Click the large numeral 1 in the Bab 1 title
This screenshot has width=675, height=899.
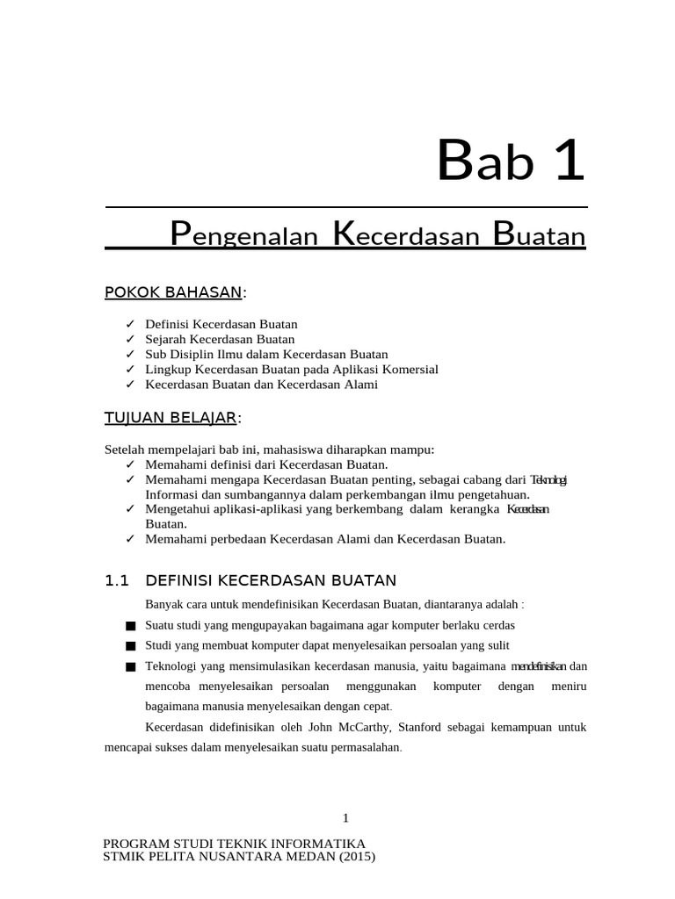pyautogui.click(x=569, y=162)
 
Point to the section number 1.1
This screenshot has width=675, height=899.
pyautogui.click(x=117, y=580)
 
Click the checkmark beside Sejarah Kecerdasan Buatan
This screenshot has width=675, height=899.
pyautogui.click(x=130, y=339)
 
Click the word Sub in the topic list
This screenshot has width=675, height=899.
pyautogui.click(x=156, y=355)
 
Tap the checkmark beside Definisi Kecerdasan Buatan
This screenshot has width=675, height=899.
pyautogui.click(x=130, y=324)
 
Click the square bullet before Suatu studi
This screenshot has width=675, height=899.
pyautogui.click(x=131, y=626)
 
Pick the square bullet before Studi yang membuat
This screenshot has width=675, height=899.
pyautogui.click(x=131, y=646)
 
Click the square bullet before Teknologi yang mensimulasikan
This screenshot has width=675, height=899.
pyautogui.click(x=131, y=666)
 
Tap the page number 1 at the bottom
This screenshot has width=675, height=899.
pyautogui.click(x=345, y=818)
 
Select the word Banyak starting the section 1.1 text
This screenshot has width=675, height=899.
pyautogui.click(x=163, y=604)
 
